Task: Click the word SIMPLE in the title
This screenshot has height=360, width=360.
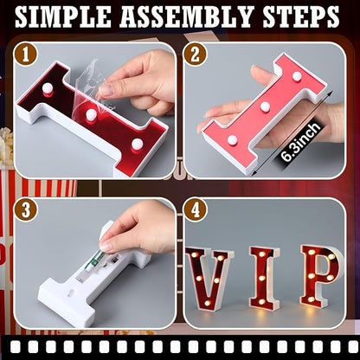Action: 67,16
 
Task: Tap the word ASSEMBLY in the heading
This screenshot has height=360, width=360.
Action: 190,16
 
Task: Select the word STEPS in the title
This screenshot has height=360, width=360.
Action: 299,16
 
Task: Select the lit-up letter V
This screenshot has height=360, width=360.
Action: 209,277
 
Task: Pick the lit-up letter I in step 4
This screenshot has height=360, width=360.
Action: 263,277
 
